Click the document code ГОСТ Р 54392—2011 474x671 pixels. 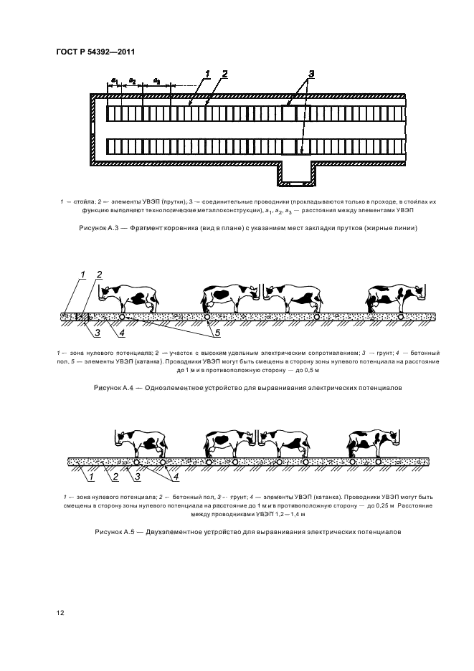(x=95, y=52)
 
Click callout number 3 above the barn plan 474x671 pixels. (x=311, y=74)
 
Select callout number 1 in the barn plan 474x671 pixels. (x=207, y=73)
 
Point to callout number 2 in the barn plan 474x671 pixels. (x=224, y=73)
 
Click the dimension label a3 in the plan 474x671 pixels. (x=157, y=81)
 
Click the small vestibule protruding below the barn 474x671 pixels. (x=294, y=171)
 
